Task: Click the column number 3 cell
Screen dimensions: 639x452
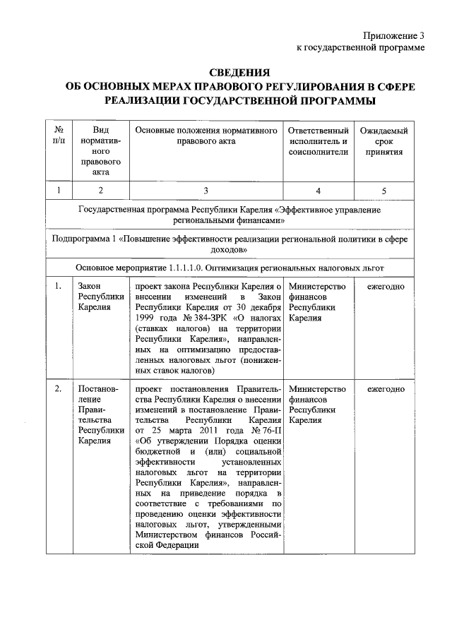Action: (205, 190)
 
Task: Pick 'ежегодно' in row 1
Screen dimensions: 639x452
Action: (385, 287)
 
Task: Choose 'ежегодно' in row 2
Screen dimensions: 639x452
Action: (385, 389)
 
